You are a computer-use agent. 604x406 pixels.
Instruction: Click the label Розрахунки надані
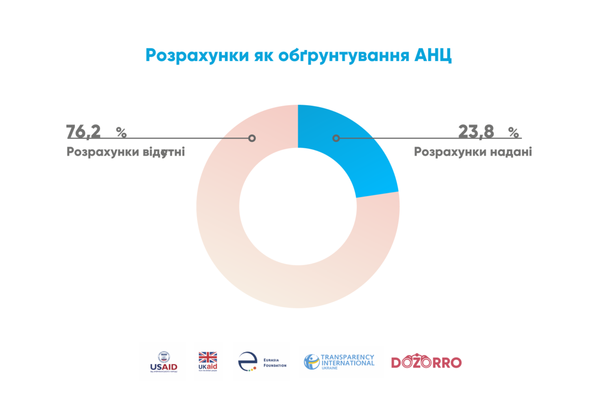(x=473, y=152)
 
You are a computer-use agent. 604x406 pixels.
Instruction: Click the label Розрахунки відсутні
(x=125, y=152)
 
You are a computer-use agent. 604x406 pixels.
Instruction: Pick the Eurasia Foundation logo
(x=262, y=362)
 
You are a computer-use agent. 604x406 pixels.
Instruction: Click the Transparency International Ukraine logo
(x=339, y=362)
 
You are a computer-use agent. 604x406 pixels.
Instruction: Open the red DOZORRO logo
(x=426, y=362)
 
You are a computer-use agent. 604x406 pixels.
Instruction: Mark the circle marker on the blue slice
(x=336, y=138)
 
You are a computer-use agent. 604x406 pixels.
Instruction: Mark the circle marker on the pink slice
(x=252, y=138)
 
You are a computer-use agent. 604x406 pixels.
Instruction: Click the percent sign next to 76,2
(x=121, y=132)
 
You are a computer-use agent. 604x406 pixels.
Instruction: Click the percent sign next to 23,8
(x=513, y=132)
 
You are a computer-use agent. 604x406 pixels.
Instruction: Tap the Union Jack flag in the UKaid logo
(x=207, y=357)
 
